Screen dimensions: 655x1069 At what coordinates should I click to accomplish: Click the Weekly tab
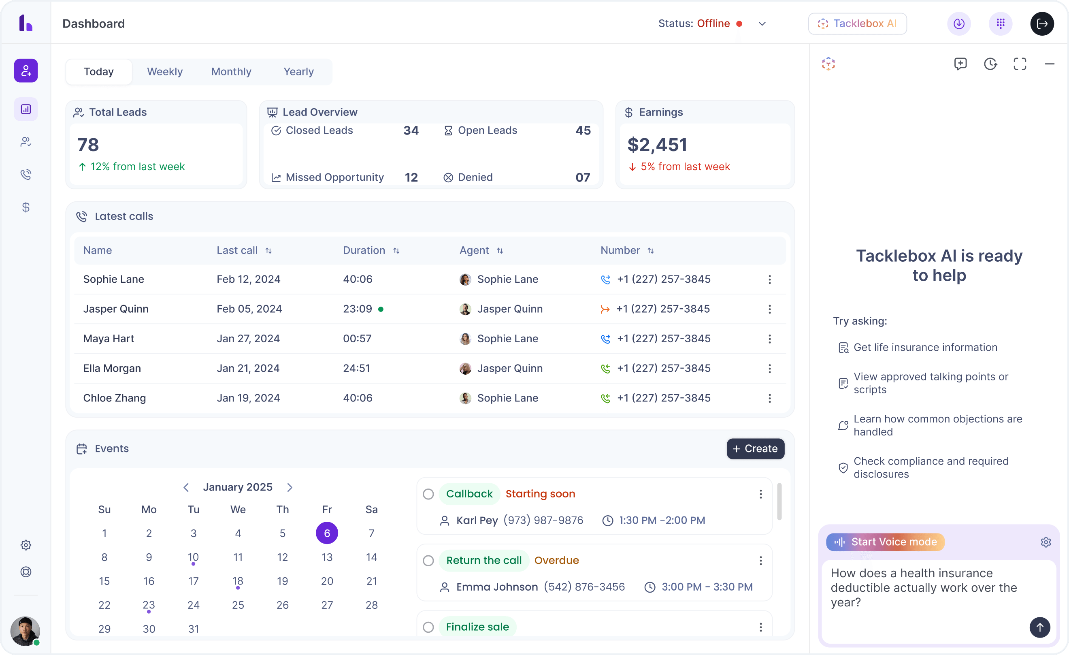[x=164, y=72]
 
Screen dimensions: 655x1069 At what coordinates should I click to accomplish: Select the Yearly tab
[x=298, y=72]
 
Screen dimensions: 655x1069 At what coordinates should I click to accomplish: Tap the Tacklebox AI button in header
[x=857, y=23]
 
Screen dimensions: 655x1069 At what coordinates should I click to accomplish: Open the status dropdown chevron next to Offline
[x=762, y=24]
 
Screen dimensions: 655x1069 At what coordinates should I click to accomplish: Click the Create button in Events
[x=755, y=448]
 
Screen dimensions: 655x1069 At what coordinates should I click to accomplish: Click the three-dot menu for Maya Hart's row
[x=770, y=339]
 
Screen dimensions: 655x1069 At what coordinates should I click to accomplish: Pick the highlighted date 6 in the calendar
[x=327, y=533]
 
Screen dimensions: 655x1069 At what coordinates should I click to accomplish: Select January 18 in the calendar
[x=238, y=581]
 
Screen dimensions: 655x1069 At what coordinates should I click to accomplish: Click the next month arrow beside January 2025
[x=290, y=487]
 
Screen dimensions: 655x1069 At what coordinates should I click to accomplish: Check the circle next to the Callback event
[x=428, y=494]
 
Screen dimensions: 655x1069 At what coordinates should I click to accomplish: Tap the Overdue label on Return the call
[x=557, y=560]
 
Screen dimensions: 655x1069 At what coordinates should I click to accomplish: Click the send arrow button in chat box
[x=1039, y=627]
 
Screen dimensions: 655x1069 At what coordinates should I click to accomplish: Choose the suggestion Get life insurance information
[x=925, y=347]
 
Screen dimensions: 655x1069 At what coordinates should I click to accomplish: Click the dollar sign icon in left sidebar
[x=26, y=207]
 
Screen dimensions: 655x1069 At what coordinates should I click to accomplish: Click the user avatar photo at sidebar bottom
[x=25, y=630]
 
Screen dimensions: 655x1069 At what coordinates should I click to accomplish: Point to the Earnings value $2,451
[x=657, y=145]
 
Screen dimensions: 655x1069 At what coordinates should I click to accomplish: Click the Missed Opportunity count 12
[x=411, y=177]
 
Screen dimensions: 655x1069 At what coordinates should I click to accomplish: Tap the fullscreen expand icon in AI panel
[x=1020, y=64]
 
